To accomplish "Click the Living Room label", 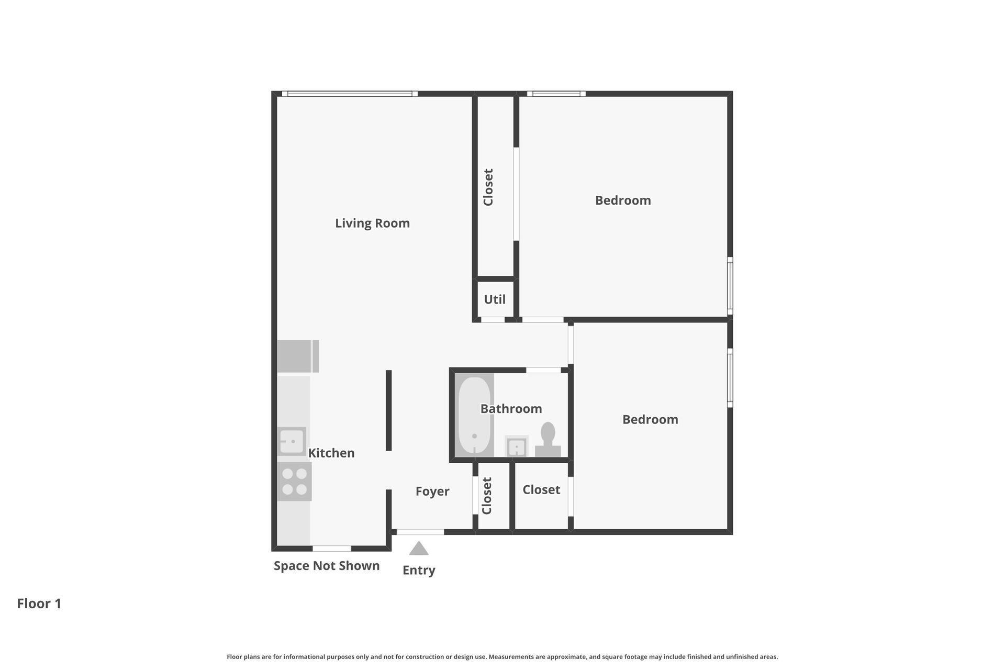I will (372, 224).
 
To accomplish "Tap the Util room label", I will (495, 299).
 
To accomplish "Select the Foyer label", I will (432, 492).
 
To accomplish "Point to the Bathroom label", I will (511, 409).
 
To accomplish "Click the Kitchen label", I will (331, 453).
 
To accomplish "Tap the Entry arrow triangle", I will (419, 549).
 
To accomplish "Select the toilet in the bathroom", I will (548, 440).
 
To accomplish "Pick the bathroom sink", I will (516, 446).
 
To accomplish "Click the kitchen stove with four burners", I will (294, 482).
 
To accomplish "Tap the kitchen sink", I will (292, 441).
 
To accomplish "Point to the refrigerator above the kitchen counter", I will (297, 356).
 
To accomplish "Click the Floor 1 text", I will (39, 604).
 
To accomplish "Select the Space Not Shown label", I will (327, 566).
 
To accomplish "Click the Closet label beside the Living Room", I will (488, 187).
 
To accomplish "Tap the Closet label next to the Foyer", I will (487, 496).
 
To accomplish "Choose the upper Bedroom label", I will (623, 200).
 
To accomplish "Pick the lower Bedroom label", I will (650, 419).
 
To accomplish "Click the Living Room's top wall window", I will (350, 94).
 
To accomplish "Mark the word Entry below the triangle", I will (419, 571).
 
